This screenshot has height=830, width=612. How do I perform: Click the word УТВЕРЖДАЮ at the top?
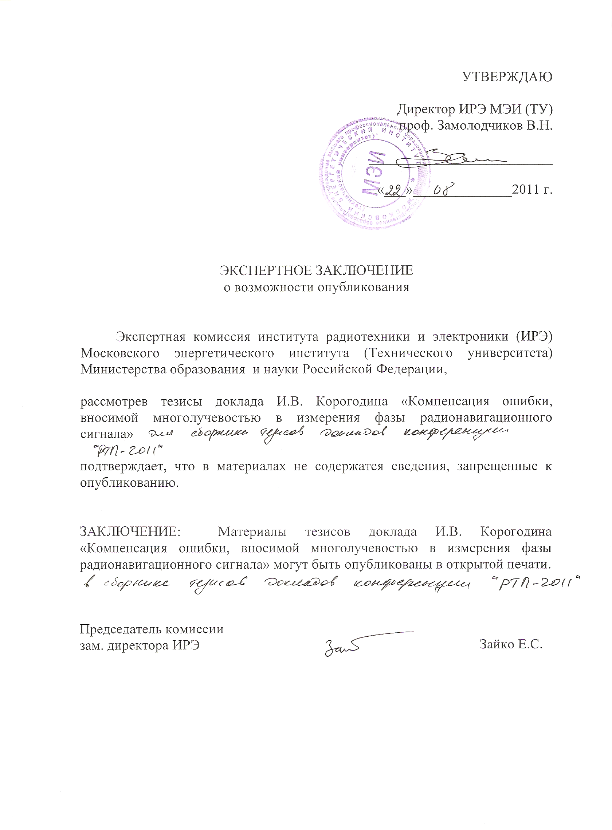coord(507,77)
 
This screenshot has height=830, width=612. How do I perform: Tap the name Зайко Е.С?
coord(511,645)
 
